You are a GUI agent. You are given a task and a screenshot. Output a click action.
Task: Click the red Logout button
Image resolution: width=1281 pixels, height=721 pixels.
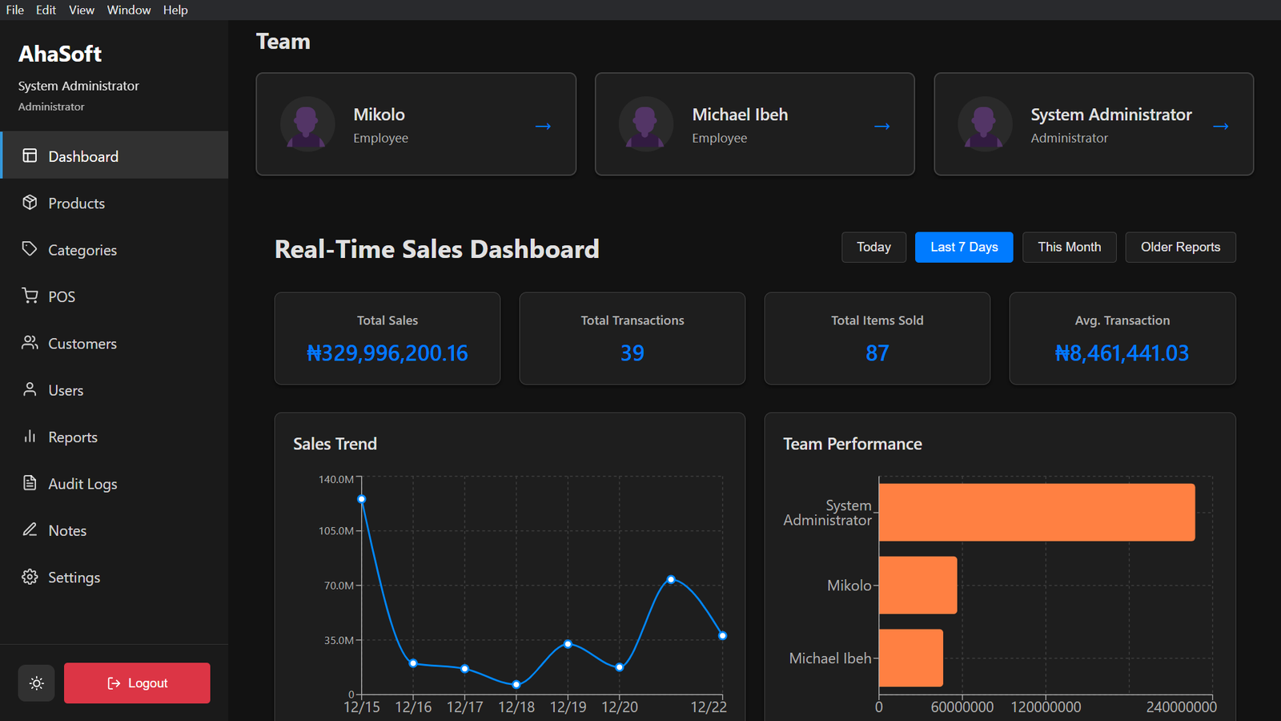click(x=137, y=683)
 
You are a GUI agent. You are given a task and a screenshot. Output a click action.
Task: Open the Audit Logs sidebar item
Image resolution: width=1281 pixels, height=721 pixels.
click(x=82, y=484)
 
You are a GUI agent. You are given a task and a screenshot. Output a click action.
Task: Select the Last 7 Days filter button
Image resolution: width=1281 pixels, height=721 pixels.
click(x=963, y=247)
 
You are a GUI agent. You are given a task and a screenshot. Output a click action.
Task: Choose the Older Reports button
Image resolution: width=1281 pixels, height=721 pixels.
click(x=1179, y=247)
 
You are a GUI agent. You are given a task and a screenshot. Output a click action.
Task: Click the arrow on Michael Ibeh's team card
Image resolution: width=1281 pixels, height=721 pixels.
click(x=881, y=126)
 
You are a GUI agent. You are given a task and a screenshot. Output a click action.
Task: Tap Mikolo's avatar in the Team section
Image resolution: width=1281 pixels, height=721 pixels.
click(x=307, y=124)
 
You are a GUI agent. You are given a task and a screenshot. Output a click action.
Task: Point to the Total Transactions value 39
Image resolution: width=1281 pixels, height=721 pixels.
click(x=632, y=353)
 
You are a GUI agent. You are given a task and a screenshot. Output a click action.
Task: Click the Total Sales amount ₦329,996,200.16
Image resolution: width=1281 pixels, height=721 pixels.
click(x=388, y=353)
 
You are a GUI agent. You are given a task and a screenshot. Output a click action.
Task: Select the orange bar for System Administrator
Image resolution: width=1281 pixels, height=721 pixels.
click(x=1036, y=512)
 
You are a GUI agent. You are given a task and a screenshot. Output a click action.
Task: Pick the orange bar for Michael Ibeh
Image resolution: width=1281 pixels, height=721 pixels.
click(x=910, y=658)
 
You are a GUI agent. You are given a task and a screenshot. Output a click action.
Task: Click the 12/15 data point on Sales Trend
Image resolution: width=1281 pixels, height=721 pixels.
click(x=362, y=499)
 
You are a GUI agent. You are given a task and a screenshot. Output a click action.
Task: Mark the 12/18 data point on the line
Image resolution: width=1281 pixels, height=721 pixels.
click(x=516, y=684)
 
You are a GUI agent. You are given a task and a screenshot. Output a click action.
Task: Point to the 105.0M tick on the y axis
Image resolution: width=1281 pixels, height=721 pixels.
click(x=336, y=531)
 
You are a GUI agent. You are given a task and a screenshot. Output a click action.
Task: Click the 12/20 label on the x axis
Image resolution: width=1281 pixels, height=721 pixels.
click(x=620, y=707)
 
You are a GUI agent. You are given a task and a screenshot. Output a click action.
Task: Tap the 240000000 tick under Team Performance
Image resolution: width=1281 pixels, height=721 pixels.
click(x=1181, y=707)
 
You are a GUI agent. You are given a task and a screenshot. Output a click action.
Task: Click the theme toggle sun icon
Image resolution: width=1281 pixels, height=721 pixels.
click(x=36, y=683)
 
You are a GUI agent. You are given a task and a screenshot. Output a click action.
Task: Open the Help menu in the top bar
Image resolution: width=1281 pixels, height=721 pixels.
click(x=175, y=10)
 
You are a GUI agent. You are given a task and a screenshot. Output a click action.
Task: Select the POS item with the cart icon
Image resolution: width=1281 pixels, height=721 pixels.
click(x=61, y=296)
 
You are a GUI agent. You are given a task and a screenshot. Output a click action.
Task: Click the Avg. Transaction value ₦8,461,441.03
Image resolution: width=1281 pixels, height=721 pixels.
click(x=1122, y=353)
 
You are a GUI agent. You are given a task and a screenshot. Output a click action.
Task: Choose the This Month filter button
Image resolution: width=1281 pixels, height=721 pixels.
click(x=1069, y=247)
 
